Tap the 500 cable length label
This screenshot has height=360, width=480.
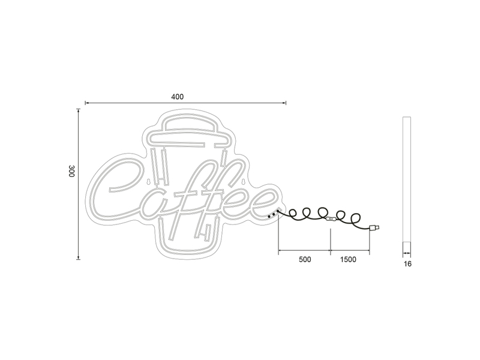coord(304,260)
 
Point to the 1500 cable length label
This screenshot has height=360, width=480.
coord(348,260)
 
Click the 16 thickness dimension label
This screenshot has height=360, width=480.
coord(408,263)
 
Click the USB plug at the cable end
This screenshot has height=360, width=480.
coord(375,227)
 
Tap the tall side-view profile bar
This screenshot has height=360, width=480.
coord(407,180)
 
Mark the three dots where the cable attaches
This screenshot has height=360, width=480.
coord(272,214)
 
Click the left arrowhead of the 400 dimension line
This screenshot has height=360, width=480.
coord(86,103)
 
